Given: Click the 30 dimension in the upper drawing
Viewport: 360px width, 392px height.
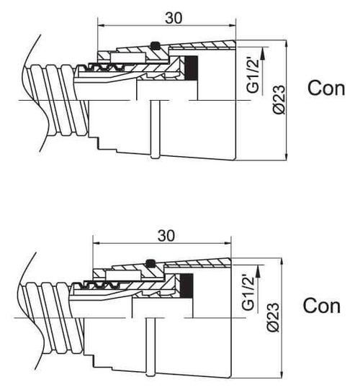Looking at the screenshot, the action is coord(174,18).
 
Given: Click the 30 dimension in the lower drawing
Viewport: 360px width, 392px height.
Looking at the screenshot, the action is coord(166,236).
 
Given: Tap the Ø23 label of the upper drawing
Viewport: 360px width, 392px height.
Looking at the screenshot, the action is coord(279,99).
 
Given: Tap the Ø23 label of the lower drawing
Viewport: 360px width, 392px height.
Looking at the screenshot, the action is coord(273,317).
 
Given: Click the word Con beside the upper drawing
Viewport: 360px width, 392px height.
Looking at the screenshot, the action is coord(326,88).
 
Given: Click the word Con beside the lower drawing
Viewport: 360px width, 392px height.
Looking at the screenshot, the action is coord(322,306).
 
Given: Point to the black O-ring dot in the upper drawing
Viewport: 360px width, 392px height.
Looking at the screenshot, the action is coord(155,45).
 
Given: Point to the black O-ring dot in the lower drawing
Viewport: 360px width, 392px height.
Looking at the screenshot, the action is coord(150,263).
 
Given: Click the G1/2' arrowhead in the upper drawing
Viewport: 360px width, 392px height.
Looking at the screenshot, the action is coord(263,53).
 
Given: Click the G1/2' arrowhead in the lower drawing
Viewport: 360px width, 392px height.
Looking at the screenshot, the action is coord(258,270).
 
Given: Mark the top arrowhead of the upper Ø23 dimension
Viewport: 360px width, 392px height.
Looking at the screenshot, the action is coord(287,45).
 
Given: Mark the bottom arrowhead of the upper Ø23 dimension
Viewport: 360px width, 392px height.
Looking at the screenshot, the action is coord(287,156).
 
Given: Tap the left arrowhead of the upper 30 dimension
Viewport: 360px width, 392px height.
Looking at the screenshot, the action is coord(102,25).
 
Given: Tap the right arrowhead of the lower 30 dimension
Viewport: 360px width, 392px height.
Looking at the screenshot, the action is coord(226,242).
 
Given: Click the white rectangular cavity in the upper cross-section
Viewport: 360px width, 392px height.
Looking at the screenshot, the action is coord(127,58).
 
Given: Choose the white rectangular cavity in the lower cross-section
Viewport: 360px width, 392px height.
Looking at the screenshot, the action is coord(122,275).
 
